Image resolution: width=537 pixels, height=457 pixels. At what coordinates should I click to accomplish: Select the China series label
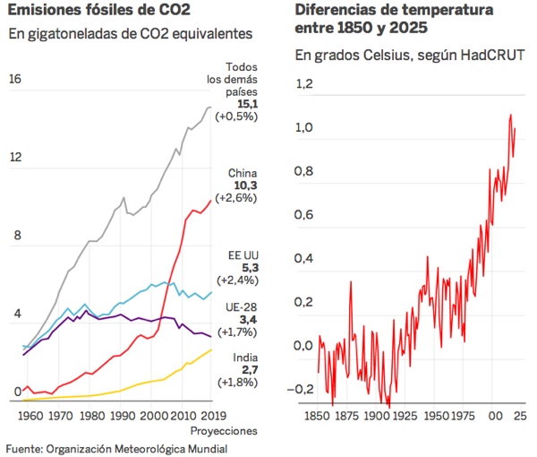(243, 172)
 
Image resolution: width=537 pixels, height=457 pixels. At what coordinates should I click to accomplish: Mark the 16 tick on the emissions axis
(14, 79)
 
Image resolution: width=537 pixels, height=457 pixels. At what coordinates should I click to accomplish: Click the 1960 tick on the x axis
(30, 416)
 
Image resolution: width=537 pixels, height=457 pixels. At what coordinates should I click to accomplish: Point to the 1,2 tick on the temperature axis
(304, 85)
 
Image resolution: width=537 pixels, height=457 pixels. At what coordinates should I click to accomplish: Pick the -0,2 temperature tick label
(303, 389)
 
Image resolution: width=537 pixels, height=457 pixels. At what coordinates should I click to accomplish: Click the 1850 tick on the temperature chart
(319, 417)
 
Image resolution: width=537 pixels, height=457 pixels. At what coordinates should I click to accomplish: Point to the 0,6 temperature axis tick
(304, 215)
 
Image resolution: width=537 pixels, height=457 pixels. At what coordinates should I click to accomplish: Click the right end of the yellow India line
(212, 349)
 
